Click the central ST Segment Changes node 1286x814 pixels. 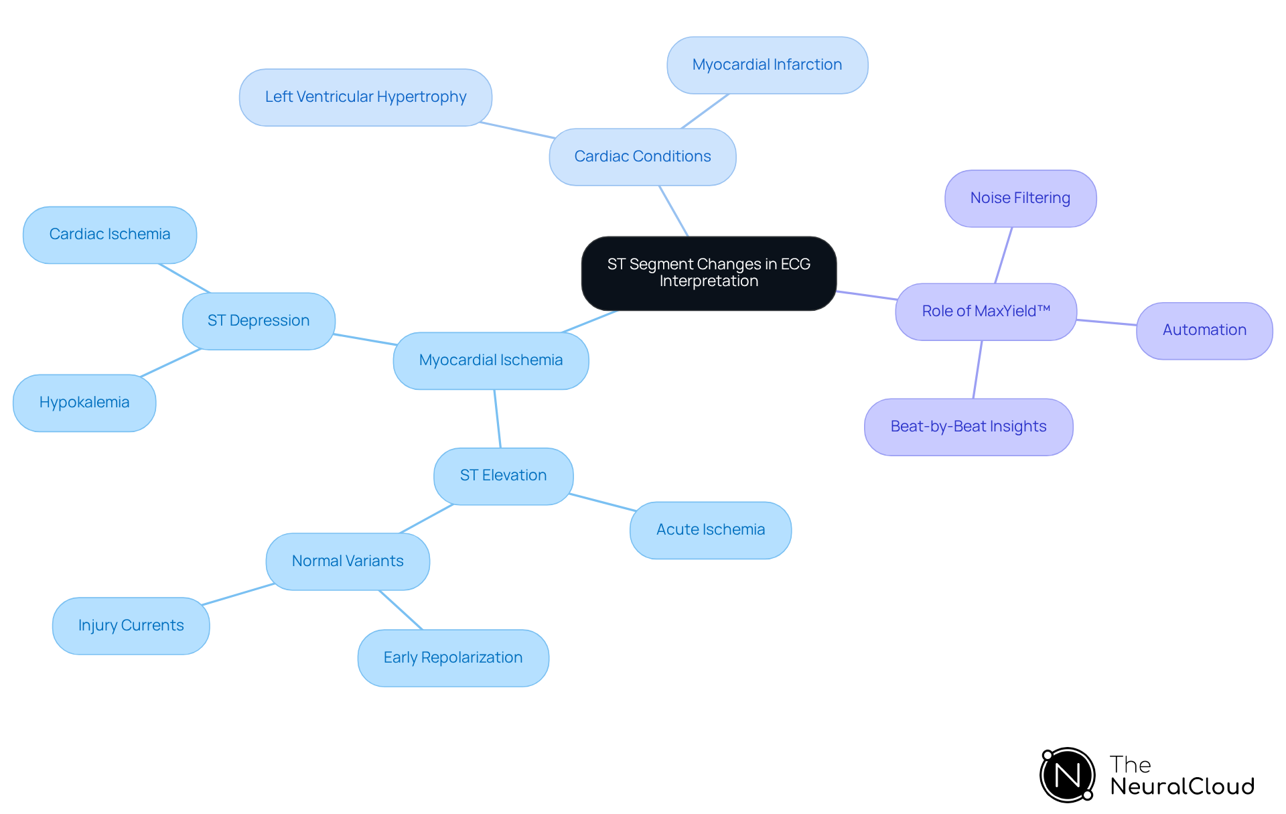(709, 273)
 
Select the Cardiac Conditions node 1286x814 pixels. (642, 157)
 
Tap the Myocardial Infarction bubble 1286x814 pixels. (767, 65)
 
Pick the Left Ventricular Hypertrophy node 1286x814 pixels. (366, 97)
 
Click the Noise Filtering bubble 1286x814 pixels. (1020, 198)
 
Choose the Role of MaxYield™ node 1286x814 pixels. (986, 312)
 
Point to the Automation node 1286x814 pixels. (1204, 330)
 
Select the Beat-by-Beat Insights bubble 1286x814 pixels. (969, 427)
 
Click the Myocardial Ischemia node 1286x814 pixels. (491, 360)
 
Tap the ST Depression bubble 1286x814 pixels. (259, 321)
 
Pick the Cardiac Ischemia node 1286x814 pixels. (110, 234)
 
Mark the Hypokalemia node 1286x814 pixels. (84, 403)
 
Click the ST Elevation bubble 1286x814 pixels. (503, 476)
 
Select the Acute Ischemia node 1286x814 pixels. (711, 530)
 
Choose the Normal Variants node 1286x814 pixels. (348, 561)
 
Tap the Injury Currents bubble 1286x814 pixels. (131, 626)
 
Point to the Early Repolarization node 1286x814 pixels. (453, 658)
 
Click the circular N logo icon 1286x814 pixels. (1068, 775)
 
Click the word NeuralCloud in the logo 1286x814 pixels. (1182, 787)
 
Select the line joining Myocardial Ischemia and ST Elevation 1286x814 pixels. (498, 419)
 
